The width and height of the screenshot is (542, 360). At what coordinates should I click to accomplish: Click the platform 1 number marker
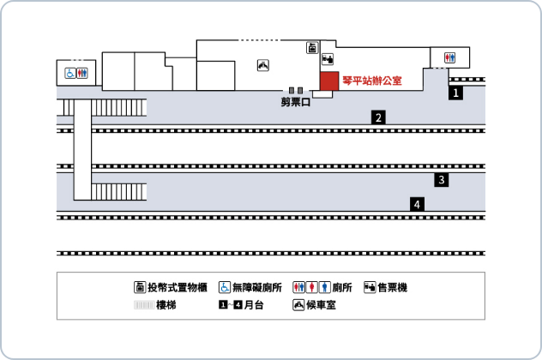pos(455,93)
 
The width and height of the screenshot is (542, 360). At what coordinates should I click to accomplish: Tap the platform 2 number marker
pos(378,117)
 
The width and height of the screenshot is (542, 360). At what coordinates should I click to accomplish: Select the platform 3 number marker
pos(442,180)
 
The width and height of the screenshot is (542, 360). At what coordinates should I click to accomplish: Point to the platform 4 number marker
pos(417,204)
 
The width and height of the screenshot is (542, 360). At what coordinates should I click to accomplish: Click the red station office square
pos(329,81)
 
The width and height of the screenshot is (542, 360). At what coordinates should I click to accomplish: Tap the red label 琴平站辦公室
pos(372,81)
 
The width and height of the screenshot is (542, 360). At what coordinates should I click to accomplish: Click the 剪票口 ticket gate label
pos(296,102)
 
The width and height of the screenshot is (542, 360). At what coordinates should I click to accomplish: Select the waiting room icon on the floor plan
pos(263,65)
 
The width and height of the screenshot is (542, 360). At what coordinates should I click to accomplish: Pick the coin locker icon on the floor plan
pos(312,48)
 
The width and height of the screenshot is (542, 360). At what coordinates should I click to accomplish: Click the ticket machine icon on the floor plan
pos(328,59)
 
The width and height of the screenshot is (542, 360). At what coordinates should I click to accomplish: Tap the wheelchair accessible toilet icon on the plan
pos(70,73)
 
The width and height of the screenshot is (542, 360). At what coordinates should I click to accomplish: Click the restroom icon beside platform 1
pos(449,57)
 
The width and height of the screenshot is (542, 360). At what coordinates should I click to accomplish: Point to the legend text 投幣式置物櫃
pos(178,287)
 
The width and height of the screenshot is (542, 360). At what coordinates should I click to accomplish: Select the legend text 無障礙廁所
pos(256,287)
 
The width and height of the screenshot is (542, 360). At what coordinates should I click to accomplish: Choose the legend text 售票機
pos(392,287)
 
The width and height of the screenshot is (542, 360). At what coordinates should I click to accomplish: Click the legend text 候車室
pos(321,305)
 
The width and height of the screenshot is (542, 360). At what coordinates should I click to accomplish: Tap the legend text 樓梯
pos(166,305)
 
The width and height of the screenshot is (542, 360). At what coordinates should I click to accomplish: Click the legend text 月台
pos(254,305)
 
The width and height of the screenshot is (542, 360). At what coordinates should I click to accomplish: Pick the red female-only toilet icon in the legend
pos(312,287)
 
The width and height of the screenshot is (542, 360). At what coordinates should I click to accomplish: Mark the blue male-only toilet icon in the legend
pos(324,287)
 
